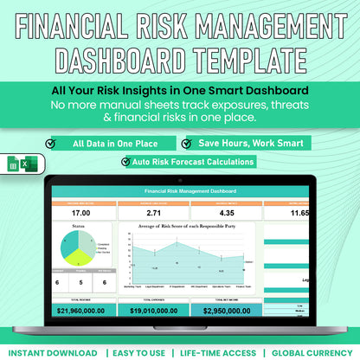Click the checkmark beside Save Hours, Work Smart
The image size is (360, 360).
tap(187, 143)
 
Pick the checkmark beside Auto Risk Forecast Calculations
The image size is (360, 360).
tap(129, 161)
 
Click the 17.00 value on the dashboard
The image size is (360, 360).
tap(81, 212)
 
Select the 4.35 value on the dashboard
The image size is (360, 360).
tap(226, 212)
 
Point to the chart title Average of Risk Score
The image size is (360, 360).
tap(182, 228)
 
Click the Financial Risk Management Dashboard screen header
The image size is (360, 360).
tap(181, 190)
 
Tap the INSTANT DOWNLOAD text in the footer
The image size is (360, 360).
tap(50, 352)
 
